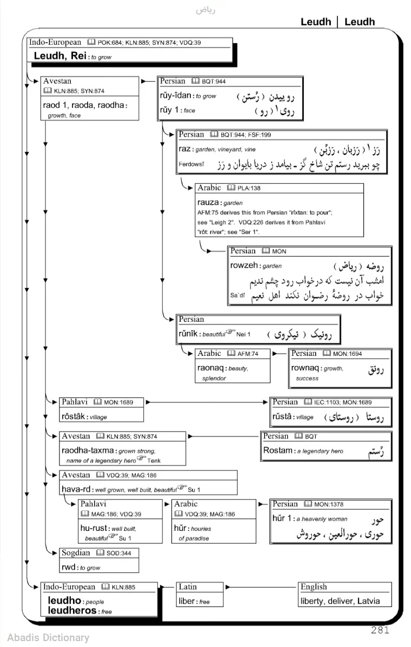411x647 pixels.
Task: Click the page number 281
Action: pos(380,629)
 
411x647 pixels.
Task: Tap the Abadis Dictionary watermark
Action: pos(48,637)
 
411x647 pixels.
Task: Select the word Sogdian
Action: pos(76,552)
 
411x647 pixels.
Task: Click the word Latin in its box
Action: pos(188,587)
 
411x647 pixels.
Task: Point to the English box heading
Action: pos(314,587)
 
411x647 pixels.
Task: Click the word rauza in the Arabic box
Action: pos(208,203)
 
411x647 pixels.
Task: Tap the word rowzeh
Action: pos(244,266)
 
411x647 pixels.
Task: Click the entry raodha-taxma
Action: pos(88,450)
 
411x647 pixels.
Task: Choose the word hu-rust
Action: pos(94,528)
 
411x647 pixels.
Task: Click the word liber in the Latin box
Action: pos(187,601)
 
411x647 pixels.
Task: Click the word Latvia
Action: pos(368,601)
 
